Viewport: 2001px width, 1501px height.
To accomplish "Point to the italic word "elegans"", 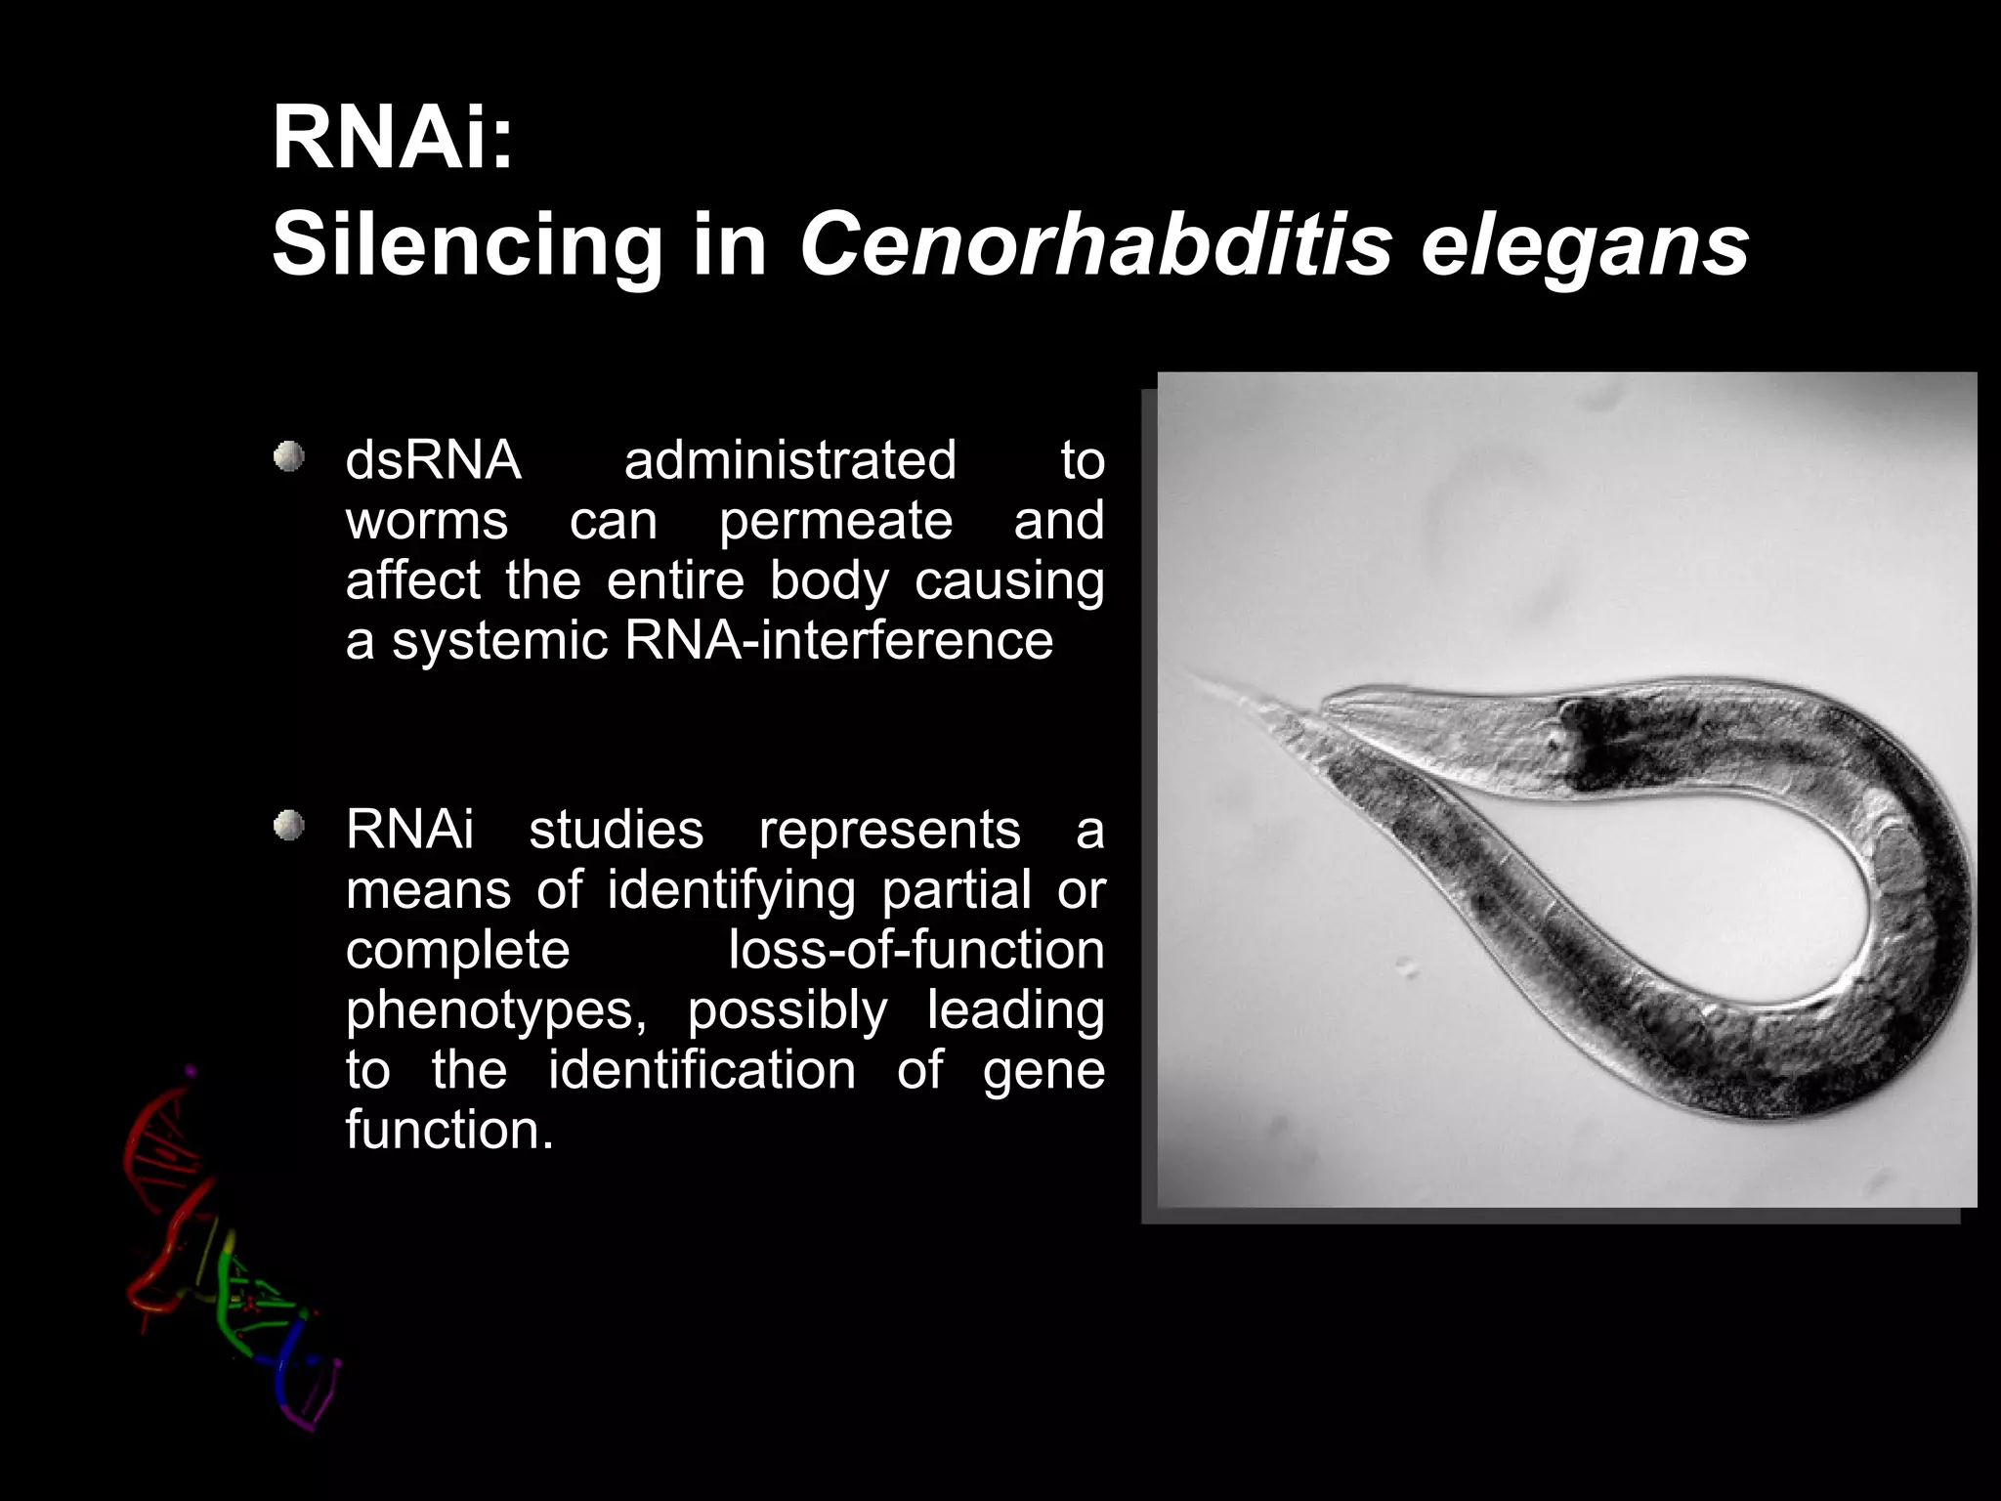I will tap(1584, 246).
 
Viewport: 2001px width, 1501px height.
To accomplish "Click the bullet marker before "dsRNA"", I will tap(288, 456).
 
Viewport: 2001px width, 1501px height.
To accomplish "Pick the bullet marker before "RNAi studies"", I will tap(288, 826).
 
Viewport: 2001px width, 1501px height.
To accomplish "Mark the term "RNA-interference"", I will tap(838, 641).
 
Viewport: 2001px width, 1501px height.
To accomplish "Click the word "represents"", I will tap(889, 830).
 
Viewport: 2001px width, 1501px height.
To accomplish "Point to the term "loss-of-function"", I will tap(915, 950).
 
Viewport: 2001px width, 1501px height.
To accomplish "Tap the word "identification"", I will tap(702, 1070).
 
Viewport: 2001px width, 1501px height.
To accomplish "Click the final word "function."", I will tap(449, 1131).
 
